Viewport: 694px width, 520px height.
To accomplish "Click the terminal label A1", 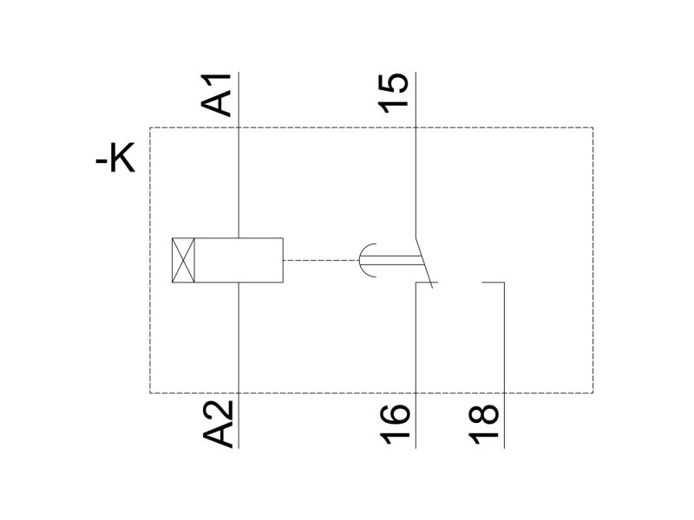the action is click(216, 95).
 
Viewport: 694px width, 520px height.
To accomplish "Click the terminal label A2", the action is click(218, 424).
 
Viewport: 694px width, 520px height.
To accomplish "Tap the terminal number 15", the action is click(394, 94).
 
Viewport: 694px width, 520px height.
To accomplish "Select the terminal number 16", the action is click(395, 425).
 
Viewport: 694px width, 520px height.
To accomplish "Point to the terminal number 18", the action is click(483, 425).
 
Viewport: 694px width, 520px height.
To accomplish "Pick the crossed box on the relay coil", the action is click(183, 260).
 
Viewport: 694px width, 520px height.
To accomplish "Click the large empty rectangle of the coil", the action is click(239, 260).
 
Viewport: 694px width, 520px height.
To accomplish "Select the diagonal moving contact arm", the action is click(423, 262).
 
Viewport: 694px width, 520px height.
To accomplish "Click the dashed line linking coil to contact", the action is click(320, 260).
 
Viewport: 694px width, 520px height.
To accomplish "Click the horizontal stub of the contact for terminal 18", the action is click(493, 283).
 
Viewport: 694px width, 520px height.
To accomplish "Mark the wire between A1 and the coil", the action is click(239, 155).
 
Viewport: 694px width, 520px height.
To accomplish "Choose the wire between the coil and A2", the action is click(239, 365).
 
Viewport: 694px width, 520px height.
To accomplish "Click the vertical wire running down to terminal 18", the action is click(504, 365).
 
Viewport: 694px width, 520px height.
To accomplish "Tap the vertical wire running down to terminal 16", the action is click(416, 365).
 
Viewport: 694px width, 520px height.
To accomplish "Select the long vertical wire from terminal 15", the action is click(416, 154).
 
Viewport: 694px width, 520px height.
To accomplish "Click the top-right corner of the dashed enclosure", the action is click(593, 127).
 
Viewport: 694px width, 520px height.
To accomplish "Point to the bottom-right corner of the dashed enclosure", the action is click(593, 393).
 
